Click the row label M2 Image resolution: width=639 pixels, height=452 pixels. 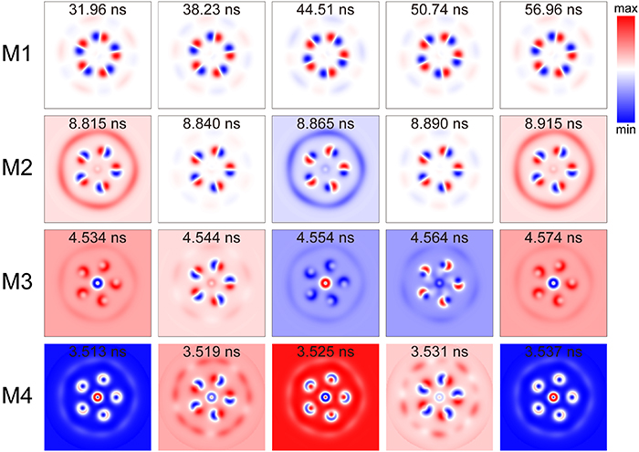20,169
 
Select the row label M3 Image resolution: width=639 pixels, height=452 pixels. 20,283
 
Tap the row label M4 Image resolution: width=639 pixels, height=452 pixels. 20,397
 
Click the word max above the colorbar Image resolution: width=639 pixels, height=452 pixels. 623,8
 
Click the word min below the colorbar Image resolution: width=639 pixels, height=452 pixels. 623,131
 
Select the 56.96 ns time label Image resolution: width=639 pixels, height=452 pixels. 551,12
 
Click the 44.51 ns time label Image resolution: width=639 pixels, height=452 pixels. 324,12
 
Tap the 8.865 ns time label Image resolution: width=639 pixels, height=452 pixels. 324,124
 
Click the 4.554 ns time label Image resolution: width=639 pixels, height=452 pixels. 324,238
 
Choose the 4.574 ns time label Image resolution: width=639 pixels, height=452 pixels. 551,238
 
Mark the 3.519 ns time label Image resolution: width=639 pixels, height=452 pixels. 211,352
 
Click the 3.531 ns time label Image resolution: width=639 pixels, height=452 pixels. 438,352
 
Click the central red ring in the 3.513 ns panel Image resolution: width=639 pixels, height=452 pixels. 98,397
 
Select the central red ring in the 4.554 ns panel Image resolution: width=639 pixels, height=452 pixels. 324,283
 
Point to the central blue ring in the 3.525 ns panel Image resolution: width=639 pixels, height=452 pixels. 324,397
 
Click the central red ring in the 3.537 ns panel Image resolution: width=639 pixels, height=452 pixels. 551,397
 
